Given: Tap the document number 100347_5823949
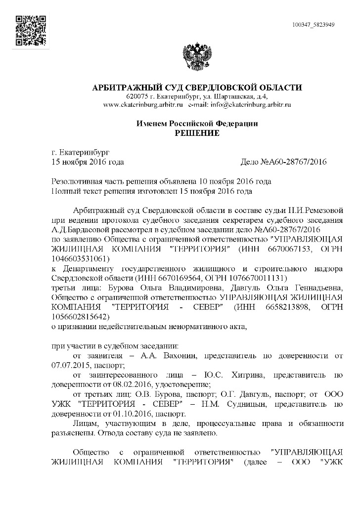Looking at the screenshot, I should pyautogui.click(x=314, y=24).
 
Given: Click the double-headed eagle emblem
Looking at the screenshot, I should pyautogui.click(x=197, y=58).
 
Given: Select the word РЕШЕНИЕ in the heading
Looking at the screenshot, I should pyautogui.click(x=197, y=133).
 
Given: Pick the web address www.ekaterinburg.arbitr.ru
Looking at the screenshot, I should pyautogui.click(x=143, y=105).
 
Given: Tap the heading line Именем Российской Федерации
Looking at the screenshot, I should pyautogui.click(x=197, y=124).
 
